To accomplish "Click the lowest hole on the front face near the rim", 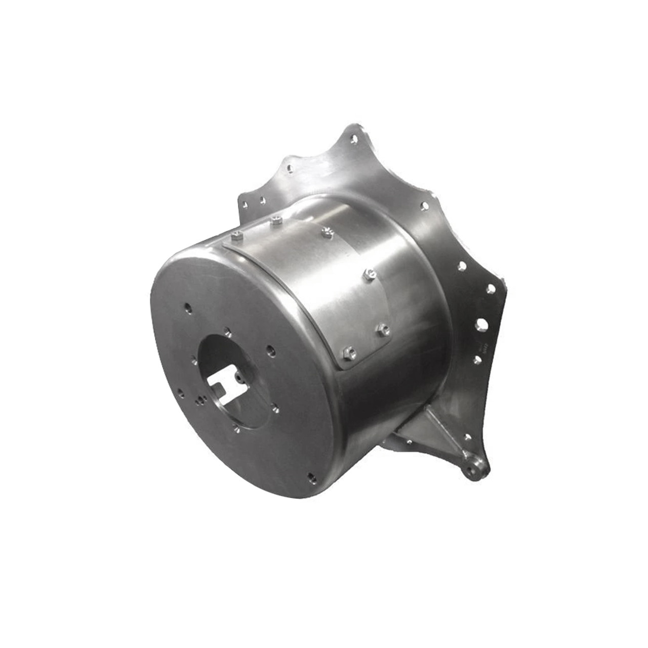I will point(310,476).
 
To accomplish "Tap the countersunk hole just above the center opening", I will point(228,331).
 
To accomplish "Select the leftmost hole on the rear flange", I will point(246,204).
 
